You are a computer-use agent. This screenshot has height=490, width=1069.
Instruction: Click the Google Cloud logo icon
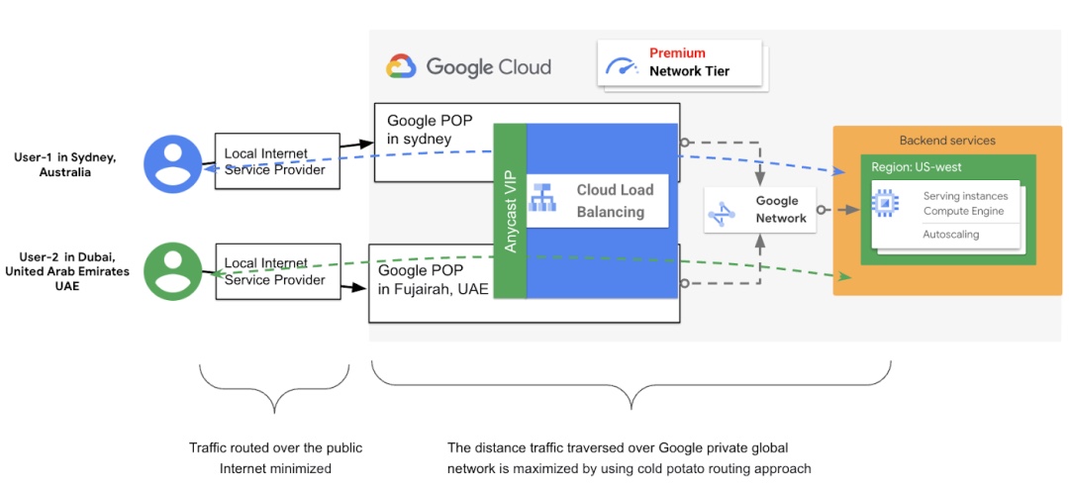(x=401, y=66)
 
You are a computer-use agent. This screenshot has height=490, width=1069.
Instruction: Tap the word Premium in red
(x=677, y=53)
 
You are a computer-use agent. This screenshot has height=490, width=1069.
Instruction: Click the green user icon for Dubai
(x=173, y=270)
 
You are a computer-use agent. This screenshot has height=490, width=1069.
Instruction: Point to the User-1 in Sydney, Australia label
(x=64, y=164)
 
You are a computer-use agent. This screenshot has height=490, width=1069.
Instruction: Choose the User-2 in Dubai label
(x=67, y=271)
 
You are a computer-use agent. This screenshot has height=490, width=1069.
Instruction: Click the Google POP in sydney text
(x=430, y=130)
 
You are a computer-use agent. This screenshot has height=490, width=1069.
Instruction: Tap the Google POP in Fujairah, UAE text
(x=433, y=279)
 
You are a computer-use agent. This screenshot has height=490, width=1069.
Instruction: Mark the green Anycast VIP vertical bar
(x=510, y=211)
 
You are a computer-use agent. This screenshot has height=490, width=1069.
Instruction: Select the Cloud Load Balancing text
(x=611, y=200)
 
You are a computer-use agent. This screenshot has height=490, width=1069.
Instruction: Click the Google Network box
(x=759, y=210)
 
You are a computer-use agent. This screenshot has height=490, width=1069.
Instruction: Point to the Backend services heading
(x=947, y=141)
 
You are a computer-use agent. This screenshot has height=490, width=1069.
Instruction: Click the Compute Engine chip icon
(x=884, y=204)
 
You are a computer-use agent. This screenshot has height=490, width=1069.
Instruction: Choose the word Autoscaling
(x=950, y=235)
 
